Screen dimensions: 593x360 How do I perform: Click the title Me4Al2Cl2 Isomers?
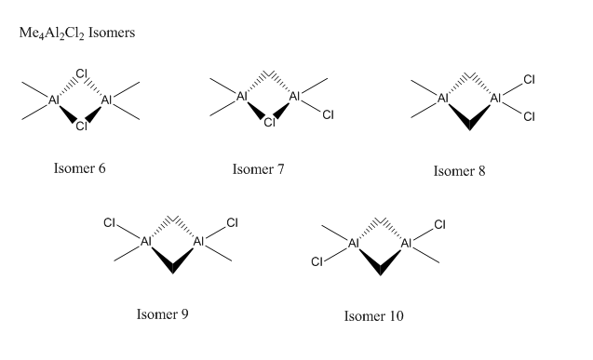tap(77, 33)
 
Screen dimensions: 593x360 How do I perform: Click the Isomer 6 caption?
tap(80, 168)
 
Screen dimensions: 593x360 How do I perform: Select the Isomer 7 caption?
tap(258, 169)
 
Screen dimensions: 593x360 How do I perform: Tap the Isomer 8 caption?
tap(459, 171)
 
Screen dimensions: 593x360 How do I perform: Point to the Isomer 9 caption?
tap(163, 313)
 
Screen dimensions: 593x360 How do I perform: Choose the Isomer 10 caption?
tap(373, 315)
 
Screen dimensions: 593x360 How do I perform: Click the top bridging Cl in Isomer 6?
tap(82, 73)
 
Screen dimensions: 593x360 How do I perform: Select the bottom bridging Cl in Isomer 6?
tap(82, 126)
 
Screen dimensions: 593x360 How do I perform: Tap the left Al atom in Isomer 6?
tap(54, 100)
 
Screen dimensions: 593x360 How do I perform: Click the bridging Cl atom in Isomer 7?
tap(269, 123)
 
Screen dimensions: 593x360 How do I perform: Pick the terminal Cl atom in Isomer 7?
tap(329, 114)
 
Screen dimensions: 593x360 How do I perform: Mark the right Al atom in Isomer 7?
tap(294, 97)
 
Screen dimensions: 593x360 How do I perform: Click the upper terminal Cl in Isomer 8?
tap(530, 79)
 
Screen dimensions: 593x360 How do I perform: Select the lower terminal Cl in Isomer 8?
tap(530, 116)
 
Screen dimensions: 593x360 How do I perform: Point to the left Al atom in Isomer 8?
tap(443, 99)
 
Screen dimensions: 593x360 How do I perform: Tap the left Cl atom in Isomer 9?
tap(109, 223)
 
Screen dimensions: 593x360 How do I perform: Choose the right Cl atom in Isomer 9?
tap(232, 222)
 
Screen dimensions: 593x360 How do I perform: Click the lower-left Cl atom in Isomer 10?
tap(317, 261)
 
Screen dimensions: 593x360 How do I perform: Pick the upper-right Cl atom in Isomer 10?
tap(439, 225)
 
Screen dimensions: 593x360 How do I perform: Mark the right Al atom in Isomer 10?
tap(406, 244)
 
